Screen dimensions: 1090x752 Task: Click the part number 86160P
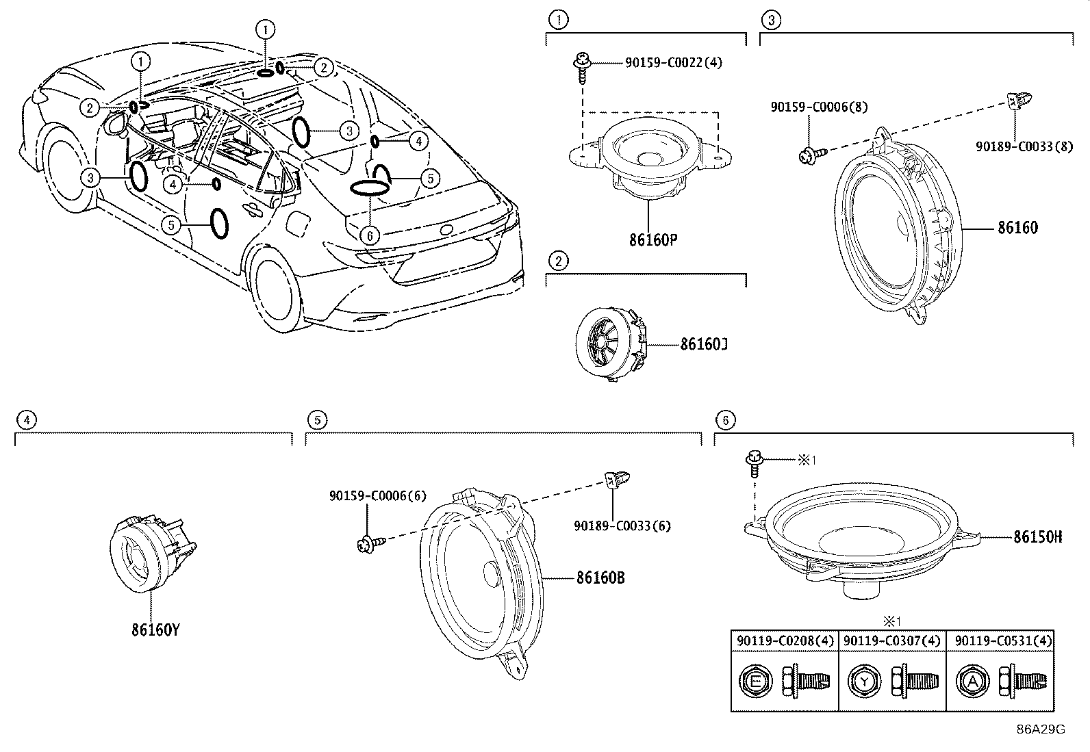(x=653, y=239)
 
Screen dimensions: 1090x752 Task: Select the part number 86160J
(x=704, y=344)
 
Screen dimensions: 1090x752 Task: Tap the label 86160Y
(x=155, y=630)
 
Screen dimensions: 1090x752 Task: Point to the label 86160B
(x=600, y=578)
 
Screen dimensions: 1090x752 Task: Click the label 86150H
(x=1037, y=537)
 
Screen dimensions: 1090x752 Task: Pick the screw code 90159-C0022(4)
(x=674, y=63)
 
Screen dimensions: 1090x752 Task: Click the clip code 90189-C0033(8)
(x=1024, y=146)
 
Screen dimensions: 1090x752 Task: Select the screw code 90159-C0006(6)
(x=378, y=495)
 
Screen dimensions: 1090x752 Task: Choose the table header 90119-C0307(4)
(x=891, y=640)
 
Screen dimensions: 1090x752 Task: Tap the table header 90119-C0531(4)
(x=1003, y=640)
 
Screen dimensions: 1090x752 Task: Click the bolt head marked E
(x=755, y=682)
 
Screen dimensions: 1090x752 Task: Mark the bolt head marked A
(x=972, y=682)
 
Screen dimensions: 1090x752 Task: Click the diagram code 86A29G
(x=1041, y=729)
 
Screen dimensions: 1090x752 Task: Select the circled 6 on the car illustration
(x=370, y=236)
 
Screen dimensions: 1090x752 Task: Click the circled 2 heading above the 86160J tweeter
(x=558, y=261)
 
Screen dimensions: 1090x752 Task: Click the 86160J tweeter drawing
(x=611, y=343)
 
